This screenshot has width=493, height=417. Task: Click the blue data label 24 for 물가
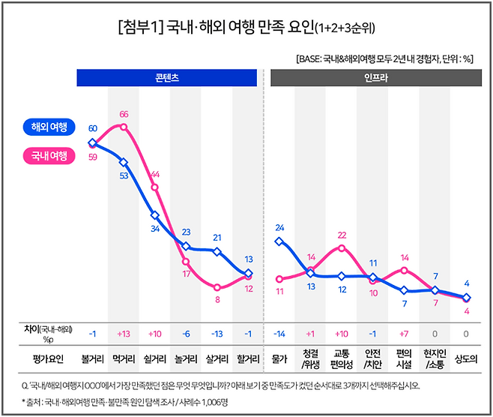[279, 227]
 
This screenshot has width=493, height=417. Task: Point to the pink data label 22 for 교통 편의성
[342, 235]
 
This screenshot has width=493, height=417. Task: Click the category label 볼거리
[92, 358]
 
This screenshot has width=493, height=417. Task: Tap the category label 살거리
[217, 358]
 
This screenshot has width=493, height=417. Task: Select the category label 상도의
[466, 358]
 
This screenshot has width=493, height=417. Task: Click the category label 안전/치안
[372, 358]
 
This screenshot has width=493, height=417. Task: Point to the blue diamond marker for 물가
[279, 241]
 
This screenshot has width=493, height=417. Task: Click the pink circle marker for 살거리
[217, 287]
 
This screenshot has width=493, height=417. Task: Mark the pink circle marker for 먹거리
[124, 127]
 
